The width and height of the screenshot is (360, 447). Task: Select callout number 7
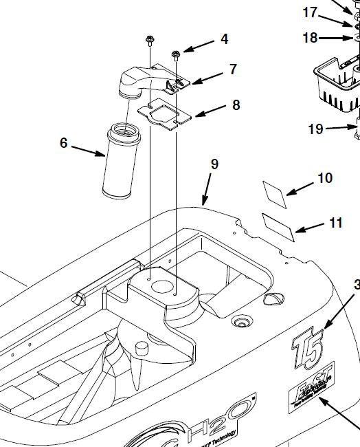(233, 69)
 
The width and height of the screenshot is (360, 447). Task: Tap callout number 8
(236, 105)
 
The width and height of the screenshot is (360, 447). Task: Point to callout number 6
(64, 142)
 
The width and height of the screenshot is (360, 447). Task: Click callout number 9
(214, 164)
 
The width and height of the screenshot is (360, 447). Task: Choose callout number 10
(324, 179)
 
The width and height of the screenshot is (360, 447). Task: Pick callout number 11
(335, 223)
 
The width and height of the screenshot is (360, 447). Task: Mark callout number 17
(311, 12)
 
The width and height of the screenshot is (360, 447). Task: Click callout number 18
(311, 38)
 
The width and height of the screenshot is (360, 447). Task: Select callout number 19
(315, 129)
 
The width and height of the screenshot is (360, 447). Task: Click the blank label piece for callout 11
(279, 227)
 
